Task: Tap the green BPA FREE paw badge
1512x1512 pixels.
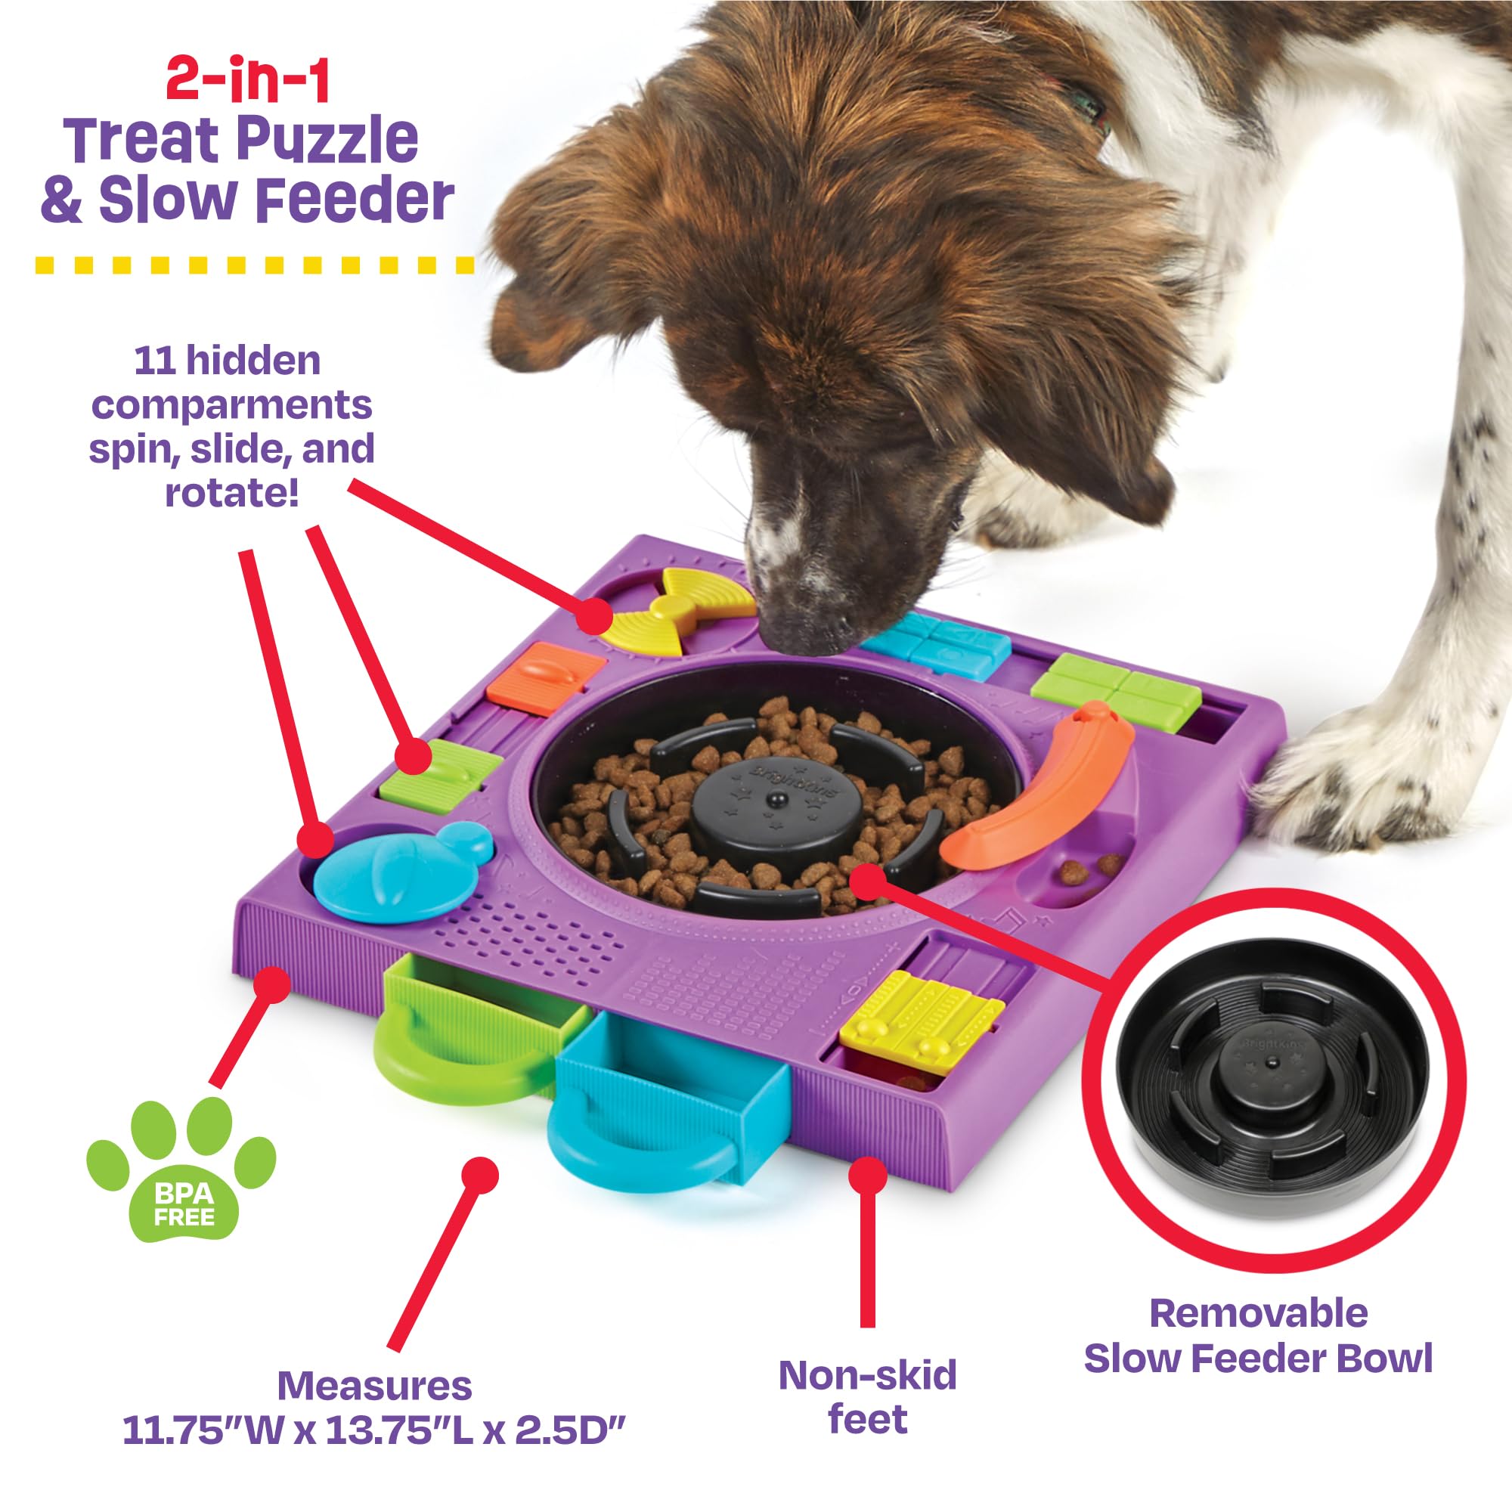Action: point(181,1169)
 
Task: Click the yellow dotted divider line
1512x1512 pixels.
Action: point(254,266)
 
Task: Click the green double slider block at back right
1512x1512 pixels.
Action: point(1115,689)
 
